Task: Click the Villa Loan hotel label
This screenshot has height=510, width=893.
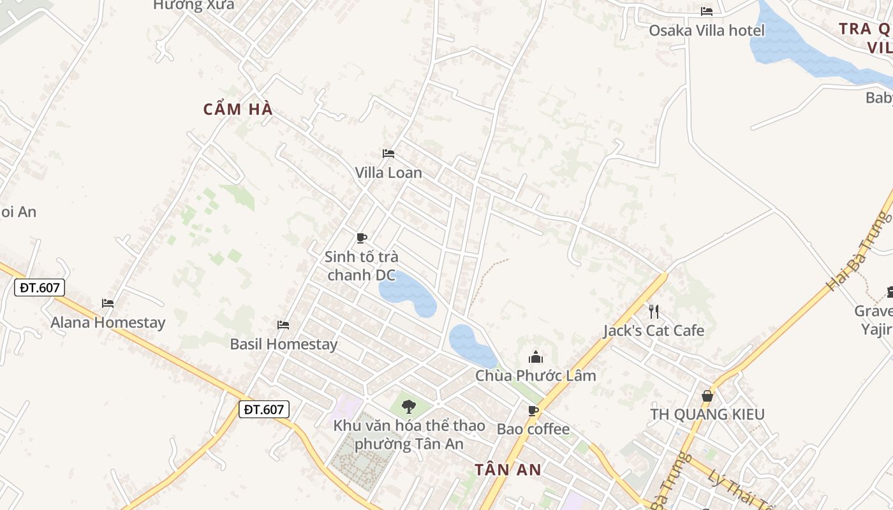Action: (x=388, y=173)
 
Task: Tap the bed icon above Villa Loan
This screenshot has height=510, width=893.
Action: (x=388, y=153)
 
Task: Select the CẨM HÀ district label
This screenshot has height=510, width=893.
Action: (x=238, y=109)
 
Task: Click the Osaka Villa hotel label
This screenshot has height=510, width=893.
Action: (x=706, y=30)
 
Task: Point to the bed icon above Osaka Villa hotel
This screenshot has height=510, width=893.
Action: (x=707, y=11)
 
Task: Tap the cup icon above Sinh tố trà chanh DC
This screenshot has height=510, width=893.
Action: (x=362, y=238)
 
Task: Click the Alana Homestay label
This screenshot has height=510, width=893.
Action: (x=108, y=323)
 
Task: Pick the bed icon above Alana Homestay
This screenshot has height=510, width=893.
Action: (x=108, y=303)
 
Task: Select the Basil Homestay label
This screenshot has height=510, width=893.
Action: (x=283, y=344)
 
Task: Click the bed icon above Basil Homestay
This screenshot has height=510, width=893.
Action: (x=283, y=325)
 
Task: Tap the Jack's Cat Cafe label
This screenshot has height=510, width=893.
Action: (x=654, y=330)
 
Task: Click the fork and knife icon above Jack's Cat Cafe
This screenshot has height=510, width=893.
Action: (x=654, y=311)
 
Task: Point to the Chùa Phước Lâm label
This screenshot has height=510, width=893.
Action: (x=536, y=375)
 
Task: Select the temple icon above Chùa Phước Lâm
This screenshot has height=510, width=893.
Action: (x=536, y=356)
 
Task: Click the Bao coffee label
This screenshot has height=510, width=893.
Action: (x=533, y=429)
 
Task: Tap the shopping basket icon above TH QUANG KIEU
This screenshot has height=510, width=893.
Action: (x=707, y=396)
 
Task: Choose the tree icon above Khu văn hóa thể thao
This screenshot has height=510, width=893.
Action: (x=409, y=406)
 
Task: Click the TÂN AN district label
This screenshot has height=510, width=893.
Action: (x=508, y=470)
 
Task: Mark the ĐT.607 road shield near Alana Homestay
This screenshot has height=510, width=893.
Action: (x=40, y=288)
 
